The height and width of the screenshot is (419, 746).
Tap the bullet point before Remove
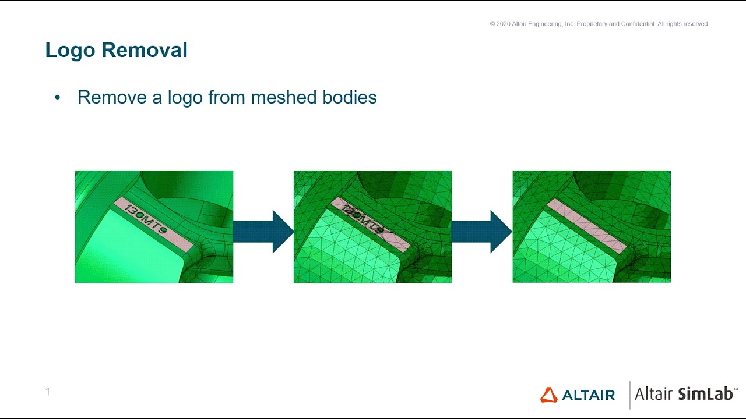58,97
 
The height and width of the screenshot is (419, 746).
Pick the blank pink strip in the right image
586,225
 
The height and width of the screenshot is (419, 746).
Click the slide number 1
48,392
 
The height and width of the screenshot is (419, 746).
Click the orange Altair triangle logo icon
548,395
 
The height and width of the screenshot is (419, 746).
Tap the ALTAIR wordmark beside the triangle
589,395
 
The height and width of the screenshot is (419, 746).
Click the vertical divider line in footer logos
629,395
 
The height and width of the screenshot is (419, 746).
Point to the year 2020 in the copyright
503,24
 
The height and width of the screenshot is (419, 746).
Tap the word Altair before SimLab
654,394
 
